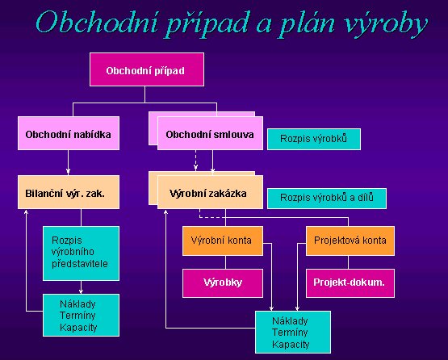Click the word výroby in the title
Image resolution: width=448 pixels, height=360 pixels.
(387, 24)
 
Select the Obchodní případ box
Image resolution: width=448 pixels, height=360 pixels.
(147, 69)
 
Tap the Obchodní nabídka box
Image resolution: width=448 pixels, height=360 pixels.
(69, 133)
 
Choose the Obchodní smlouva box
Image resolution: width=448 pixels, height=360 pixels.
(210, 133)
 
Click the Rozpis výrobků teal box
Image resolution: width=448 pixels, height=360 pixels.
(314, 139)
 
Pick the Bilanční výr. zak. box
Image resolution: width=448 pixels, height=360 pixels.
(69, 192)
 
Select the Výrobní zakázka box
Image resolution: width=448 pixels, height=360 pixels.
(210, 192)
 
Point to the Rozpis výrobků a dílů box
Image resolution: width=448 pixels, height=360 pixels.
(327, 199)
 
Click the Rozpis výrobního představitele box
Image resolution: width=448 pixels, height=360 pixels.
(82, 253)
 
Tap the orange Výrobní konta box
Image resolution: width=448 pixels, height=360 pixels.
(223, 241)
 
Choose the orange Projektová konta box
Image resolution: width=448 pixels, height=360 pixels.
(350, 241)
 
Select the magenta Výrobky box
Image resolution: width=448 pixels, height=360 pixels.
(223, 283)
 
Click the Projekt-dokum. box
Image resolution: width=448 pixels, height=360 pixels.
(350, 283)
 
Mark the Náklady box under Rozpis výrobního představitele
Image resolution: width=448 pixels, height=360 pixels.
(82, 315)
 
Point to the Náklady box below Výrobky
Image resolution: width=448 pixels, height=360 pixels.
(293, 333)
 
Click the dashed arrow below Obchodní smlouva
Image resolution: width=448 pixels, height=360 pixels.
(195, 161)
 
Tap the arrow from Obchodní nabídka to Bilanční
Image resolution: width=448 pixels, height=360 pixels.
(68, 162)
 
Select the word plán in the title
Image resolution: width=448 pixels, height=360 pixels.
(308, 25)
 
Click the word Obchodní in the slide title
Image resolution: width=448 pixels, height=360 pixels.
(97, 23)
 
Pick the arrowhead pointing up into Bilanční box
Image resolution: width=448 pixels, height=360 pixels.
(26, 211)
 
